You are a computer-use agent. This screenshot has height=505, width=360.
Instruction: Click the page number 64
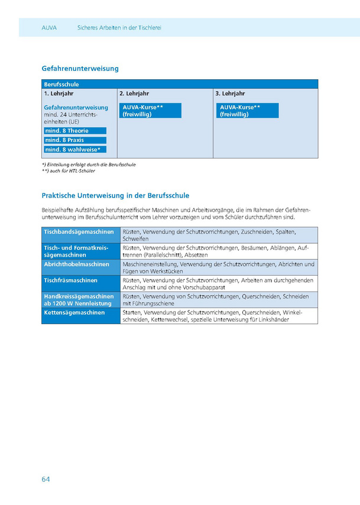[46, 478]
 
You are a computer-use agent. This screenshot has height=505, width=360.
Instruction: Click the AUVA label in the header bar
[50, 28]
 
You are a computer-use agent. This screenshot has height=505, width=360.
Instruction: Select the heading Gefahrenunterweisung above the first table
[80, 69]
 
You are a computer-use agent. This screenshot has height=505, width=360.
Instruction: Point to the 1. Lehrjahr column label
[58, 93]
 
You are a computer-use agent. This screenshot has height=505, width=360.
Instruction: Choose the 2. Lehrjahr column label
[134, 93]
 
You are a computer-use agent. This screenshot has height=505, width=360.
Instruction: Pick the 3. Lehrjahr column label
[230, 93]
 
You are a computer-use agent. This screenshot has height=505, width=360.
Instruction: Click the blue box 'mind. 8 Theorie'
[75, 131]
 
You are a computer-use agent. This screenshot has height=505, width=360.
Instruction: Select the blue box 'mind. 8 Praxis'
[75, 140]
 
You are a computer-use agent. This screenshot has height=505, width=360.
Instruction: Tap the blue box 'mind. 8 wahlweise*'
[75, 150]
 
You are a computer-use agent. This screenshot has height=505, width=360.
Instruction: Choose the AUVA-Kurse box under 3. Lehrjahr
[248, 111]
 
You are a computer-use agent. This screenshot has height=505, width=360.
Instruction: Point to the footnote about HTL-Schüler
[69, 171]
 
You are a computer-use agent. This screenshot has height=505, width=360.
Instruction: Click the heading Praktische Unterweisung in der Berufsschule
[115, 195]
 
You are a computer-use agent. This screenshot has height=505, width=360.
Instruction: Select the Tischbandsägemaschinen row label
[79, 232]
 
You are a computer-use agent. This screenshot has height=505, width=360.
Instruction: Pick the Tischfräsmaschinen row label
[70, 280]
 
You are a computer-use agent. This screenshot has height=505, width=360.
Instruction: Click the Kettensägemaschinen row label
[74, 312]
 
